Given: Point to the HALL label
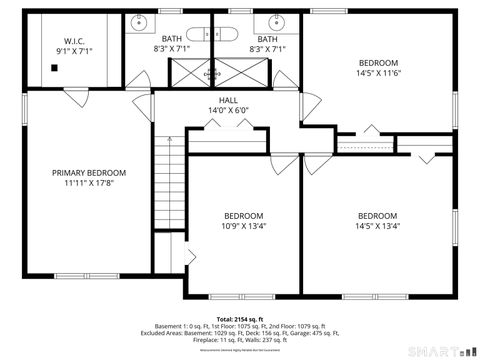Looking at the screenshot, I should pos(228,101).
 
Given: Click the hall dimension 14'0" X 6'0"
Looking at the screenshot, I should pos(228,111).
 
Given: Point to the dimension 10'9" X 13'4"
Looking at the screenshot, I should pos(243,226).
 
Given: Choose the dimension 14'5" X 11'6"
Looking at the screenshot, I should pos(378,73).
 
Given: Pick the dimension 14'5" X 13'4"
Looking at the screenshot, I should pos(378,226).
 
